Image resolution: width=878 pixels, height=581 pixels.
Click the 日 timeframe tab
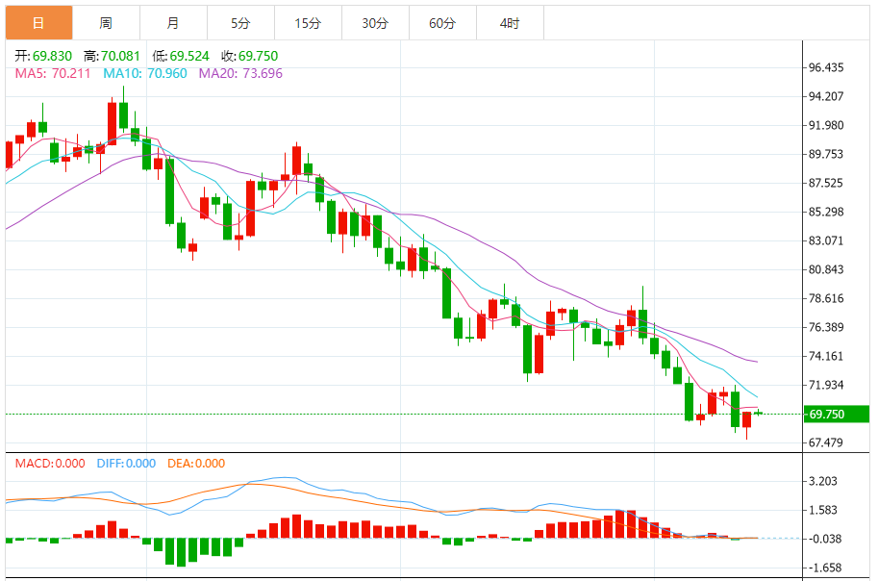click(38, 23)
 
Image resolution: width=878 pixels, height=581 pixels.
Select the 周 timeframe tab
click(106, 23)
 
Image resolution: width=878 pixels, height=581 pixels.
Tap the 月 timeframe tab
click(172, 23)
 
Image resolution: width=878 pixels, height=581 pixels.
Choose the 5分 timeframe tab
click(240, 23)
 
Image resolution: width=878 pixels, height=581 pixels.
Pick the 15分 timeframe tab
click(308, 23)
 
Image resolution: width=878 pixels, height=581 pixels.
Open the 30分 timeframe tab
click(375, 23)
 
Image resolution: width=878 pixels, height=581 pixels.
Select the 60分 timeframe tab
click(442, 23)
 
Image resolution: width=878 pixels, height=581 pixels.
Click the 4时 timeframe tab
click(510, 23)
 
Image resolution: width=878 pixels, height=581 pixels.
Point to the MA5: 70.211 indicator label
click(53, 73)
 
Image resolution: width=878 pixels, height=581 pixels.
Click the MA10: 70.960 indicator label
click(145, 73)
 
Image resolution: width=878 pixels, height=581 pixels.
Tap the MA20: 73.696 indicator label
click(240, 73)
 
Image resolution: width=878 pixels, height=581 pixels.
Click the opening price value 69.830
click(51, 57)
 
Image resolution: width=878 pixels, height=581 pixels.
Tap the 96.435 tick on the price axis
click(827, 67)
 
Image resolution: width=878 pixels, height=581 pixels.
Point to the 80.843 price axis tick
click(827, 269)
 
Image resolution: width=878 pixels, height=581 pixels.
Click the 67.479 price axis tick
click(827, 442)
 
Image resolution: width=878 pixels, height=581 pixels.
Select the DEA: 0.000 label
click(196, 464)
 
